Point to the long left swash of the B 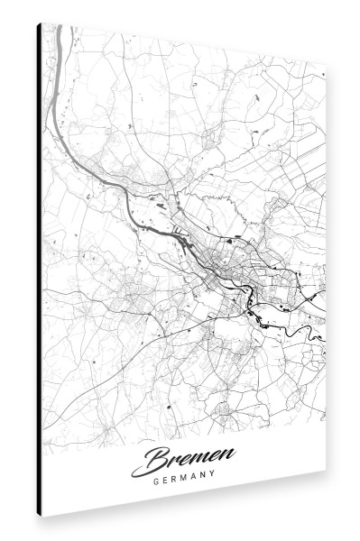[140, 470]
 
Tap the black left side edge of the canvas [39, 270]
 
